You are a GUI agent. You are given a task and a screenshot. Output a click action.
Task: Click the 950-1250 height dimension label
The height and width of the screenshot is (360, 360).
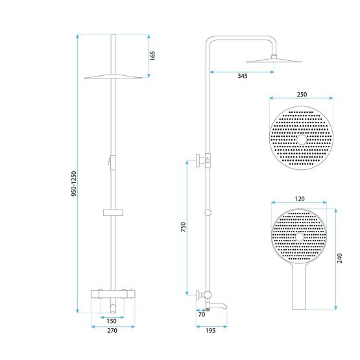pos(75,184)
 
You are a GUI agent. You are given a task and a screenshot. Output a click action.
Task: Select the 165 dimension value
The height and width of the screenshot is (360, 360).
pos(153,56)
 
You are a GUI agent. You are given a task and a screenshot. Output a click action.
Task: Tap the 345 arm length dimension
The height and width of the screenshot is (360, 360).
pos(242,77)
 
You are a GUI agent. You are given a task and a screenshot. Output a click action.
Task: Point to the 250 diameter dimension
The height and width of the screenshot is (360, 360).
pos(302,94)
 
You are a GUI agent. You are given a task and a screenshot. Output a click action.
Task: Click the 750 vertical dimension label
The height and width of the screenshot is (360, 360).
pos(184,227)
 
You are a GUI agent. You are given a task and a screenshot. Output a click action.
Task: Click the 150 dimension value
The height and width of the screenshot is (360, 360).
pos(112,321)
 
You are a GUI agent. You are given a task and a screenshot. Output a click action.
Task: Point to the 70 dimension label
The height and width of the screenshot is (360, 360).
pos(201,315)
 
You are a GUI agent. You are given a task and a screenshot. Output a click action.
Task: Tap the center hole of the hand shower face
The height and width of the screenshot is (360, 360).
pos(299,237)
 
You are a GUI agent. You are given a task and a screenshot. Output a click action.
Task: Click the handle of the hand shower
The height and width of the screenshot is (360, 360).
pos(300,289)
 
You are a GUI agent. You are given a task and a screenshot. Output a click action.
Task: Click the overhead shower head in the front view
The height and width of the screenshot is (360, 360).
pos(113,77)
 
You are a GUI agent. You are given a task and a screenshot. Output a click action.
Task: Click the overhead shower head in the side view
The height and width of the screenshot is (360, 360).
pos(274,61)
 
